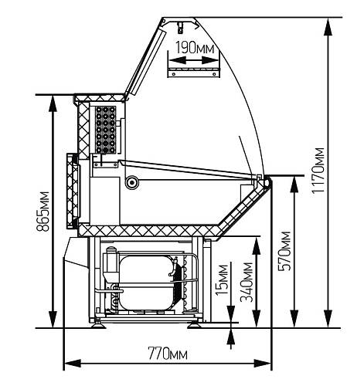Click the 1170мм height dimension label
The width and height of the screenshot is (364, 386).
[318, 171]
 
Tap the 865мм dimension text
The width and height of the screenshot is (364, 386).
[43, 212]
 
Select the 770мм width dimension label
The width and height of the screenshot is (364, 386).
[168, 354]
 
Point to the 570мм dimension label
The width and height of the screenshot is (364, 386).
[284, 252]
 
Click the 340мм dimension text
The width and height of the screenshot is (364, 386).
[247, 282]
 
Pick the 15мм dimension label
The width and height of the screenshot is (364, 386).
[223, 280]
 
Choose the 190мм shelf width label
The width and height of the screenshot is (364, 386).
[195, 48]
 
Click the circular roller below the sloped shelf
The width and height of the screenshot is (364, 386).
[132, 182]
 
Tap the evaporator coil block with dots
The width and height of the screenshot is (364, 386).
[106, 130]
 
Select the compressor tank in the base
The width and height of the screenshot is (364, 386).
[146, 283]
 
